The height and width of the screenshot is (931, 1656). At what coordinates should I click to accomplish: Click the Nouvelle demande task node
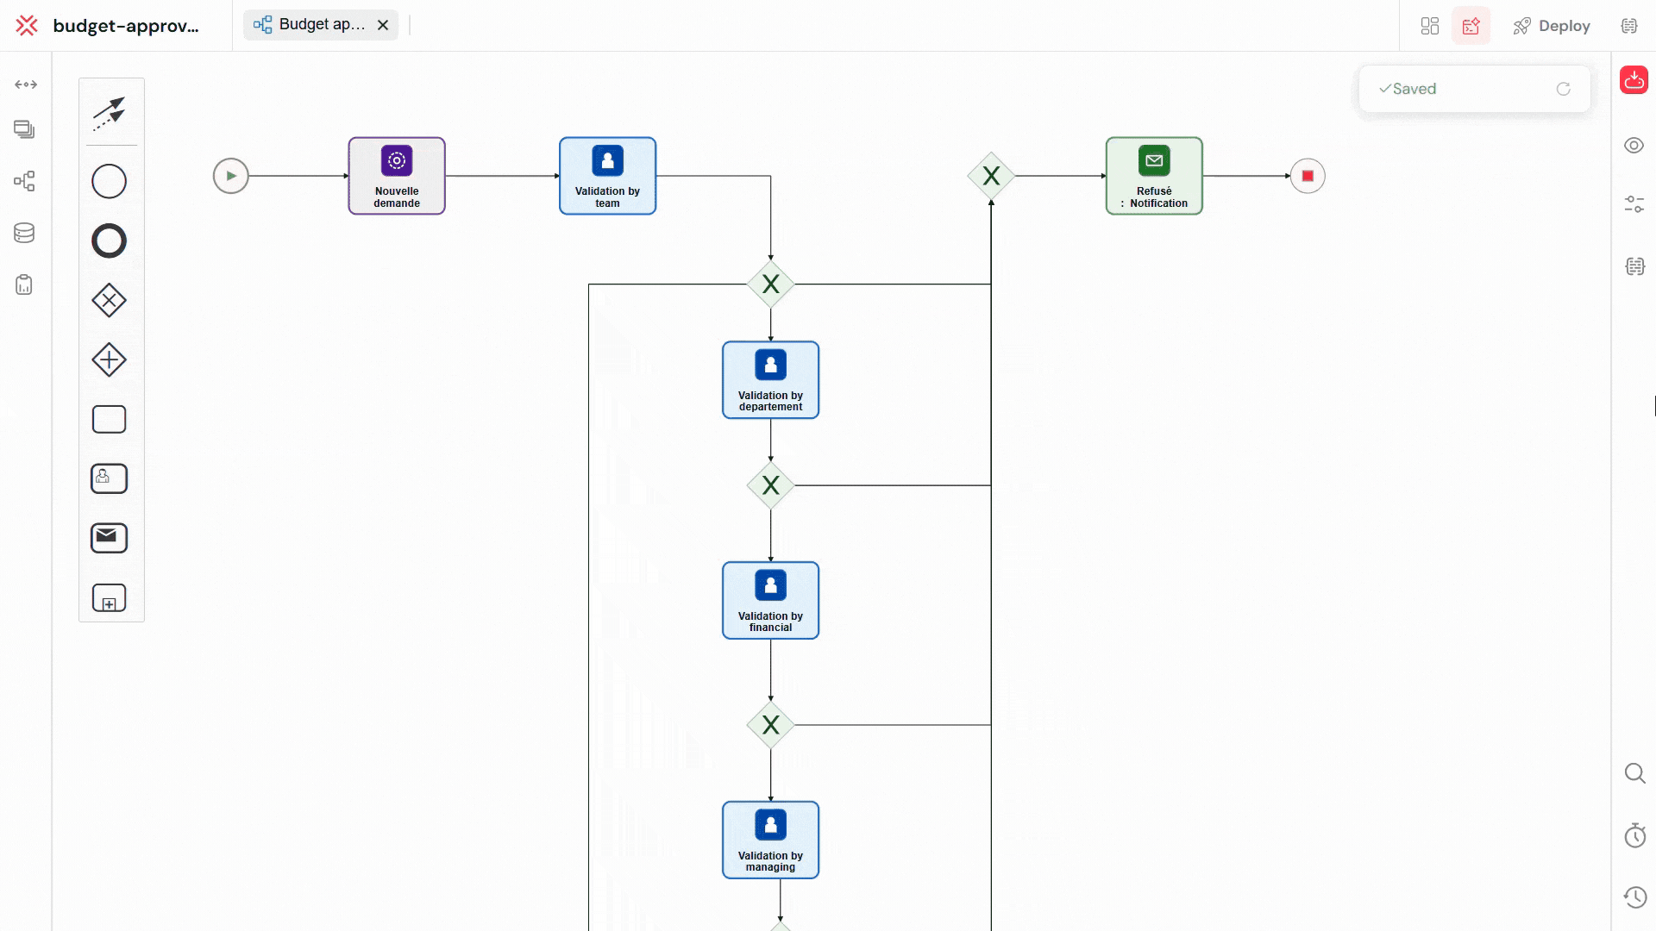(397, 176)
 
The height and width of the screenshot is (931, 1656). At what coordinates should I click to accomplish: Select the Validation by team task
(607, 176)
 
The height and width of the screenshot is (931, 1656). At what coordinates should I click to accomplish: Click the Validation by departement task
(770, 380)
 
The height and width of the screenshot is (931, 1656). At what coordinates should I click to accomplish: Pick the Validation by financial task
(770, 601)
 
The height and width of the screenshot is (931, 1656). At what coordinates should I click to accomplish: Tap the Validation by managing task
(770, 840)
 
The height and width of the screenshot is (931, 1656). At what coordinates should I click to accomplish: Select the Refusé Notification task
(1154, 176)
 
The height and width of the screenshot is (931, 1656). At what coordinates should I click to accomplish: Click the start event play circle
(230, 176)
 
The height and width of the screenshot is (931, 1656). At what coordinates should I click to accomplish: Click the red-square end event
(1308, 176)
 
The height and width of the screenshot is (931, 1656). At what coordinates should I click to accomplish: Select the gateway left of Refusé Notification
(991, 176)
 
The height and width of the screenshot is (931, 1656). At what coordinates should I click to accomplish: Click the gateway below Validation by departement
(770, 485)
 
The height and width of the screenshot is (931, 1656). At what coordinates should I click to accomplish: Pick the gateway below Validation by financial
(770, 725)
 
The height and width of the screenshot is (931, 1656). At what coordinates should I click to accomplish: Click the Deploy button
(1552, 26)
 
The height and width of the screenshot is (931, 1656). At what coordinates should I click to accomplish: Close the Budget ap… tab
(383, 25)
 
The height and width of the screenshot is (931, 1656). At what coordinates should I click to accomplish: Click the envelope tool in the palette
(109, 538)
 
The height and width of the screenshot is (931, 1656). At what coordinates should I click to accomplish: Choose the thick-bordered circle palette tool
(109, 241)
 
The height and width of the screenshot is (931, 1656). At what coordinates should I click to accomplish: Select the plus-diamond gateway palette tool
(109, 360)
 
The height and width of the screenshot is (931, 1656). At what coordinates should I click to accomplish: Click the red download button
(1634, 80)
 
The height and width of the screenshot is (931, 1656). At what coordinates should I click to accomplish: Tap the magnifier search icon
(1634, 773)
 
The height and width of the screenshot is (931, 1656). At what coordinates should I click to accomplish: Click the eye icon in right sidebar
(1634, 146)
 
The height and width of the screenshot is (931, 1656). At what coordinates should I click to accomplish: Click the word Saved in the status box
(1414, 89)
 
